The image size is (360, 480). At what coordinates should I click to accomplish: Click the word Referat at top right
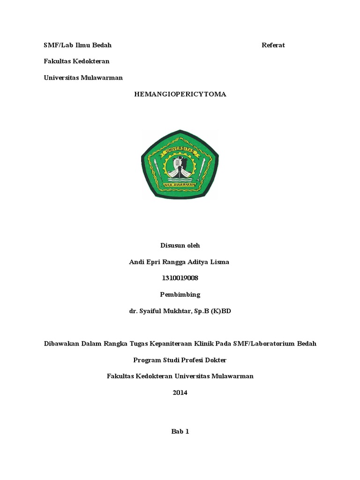(273, 45)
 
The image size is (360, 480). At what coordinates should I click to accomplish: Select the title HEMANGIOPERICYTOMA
(180, 94)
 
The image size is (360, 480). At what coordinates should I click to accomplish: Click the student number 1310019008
(180, 278)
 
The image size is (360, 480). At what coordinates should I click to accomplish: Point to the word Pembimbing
(180, 294)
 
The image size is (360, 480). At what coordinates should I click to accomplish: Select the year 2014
(180, 393)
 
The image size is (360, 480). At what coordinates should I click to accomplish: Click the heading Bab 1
(180, 432)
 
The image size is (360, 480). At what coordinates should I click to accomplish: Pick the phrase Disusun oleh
(180, 245)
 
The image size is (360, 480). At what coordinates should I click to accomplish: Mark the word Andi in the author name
(136, 262)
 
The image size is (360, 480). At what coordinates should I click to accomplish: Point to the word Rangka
(114, 344)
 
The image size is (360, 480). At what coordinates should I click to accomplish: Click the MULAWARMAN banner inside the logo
(180, 185)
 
